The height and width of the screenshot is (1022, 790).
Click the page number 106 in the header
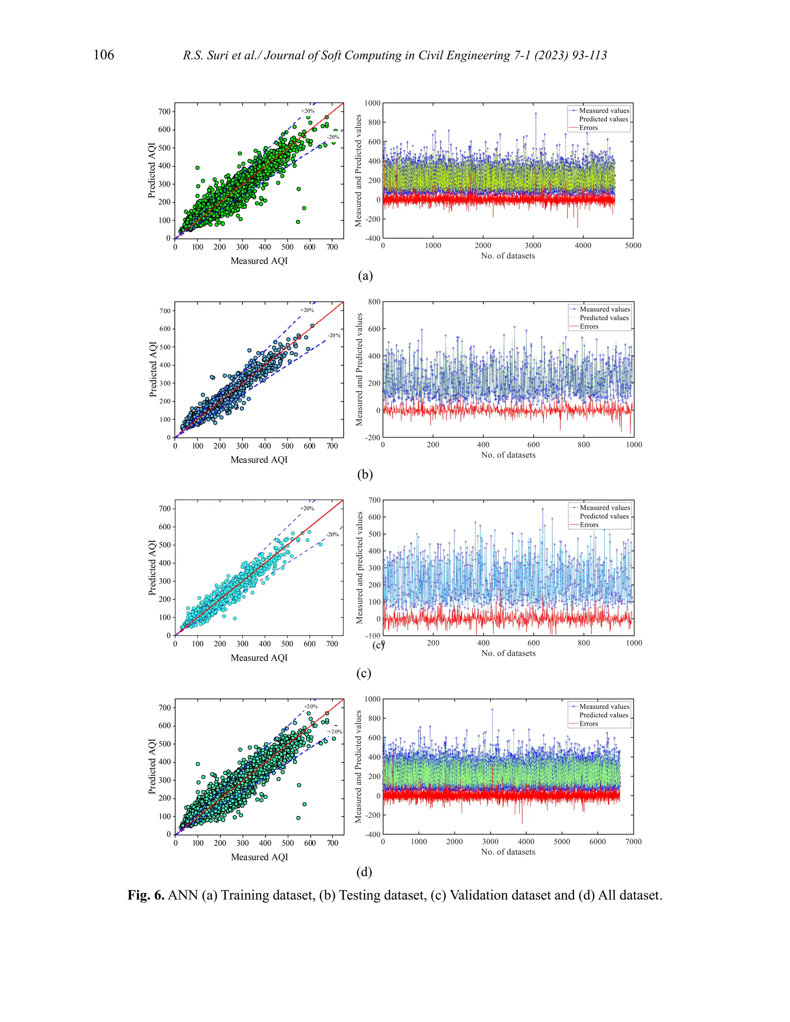tap(103, 55)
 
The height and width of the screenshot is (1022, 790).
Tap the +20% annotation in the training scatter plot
tap(307, 111)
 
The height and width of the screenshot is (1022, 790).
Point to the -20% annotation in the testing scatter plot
tap(334, 336)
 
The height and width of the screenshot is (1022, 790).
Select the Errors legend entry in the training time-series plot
tap(588, 128)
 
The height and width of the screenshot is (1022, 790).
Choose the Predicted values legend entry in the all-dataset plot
tap(604, 715)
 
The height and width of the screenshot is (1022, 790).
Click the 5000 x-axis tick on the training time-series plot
tap(633, 246)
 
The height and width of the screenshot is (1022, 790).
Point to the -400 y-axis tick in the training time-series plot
tap(373, 238)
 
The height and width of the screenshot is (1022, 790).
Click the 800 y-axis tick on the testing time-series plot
tap(374, 302)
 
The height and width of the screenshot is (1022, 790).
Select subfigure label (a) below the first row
tap(365, 276)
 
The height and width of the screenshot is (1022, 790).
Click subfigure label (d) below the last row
tap(364, 872)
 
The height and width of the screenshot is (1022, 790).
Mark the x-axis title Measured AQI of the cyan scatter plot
tap(259, 658)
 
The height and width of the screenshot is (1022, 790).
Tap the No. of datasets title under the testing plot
tap(508, 455)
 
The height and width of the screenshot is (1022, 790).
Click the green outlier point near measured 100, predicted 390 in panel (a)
tap(197, 167)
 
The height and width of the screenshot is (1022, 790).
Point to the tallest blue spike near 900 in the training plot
tap(535, 114)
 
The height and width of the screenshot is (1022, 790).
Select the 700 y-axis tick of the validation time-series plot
tap(375, 500)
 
